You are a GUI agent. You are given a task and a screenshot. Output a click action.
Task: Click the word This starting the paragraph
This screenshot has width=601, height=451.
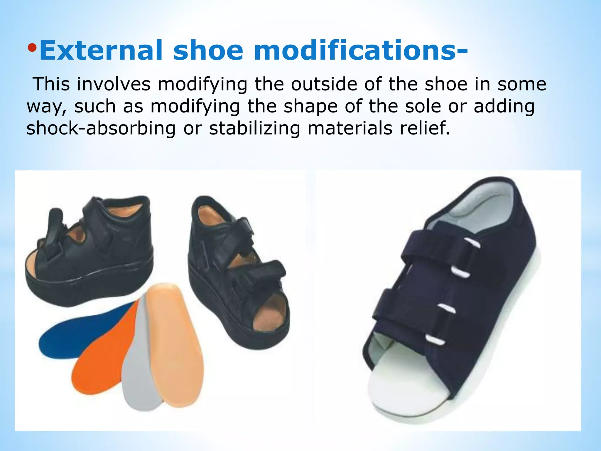pyautogui.click(x=52, y=84)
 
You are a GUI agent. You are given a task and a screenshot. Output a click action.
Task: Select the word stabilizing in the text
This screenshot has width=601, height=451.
pyautogui.click(x=254, y=128)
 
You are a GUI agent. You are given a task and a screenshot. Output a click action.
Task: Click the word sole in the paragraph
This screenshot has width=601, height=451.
pyautogui.click(x=423, y=106)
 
